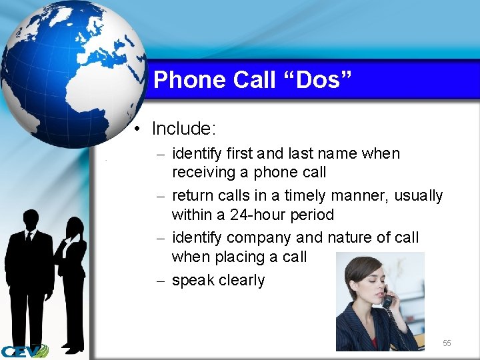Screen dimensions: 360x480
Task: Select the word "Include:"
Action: click(185, 128)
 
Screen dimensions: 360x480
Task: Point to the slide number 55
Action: click(447, 343)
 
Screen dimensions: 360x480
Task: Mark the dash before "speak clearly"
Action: click(159, 281)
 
